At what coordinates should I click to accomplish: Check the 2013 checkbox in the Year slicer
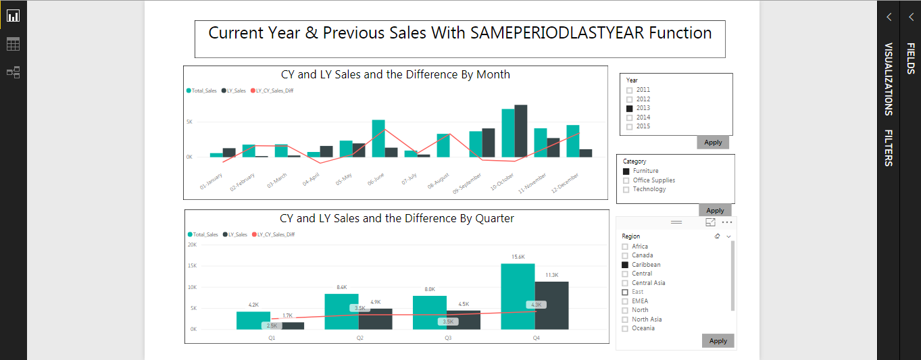tap(630, 108)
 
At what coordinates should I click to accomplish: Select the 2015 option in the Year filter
tap(630, 126)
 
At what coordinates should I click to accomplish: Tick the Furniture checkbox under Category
tap(626, 172)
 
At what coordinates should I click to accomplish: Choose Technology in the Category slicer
tap(626, 190)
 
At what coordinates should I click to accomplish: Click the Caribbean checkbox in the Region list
tap(625, 265)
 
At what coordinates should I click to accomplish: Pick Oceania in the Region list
tap(625, 328)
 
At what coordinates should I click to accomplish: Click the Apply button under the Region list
tap(718, 341)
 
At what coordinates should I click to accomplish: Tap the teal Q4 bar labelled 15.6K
tap(518, 297)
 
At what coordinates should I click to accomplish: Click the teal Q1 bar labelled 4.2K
tap(253, 320)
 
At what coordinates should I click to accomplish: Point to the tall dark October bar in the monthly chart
tap(520, 131)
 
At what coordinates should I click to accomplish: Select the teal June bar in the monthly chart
tap(378, 138)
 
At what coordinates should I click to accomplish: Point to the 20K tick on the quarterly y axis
tap(192, 245)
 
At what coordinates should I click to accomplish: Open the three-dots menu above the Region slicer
tap(727, 222)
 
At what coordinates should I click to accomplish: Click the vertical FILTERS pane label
tap(889, 147)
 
